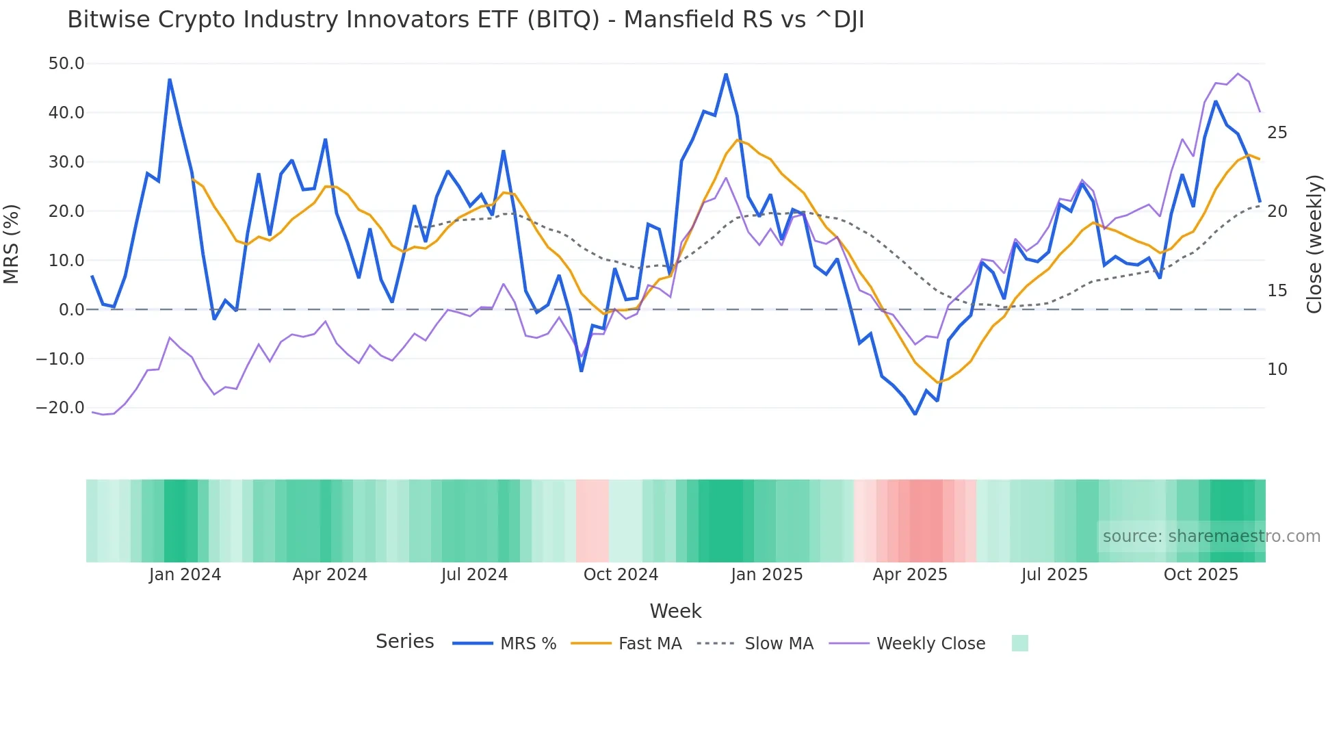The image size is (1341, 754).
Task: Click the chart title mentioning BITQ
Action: pyautogui.click(x=465, y=20)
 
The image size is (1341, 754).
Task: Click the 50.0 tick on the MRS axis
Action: pyautogui.click(x=66, y=64)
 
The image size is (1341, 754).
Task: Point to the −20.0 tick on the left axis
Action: pyautogui.click(x=60, y=408)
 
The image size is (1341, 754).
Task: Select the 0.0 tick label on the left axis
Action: pyautogui.click(x=71, y=310)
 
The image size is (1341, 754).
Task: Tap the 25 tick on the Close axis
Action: pyautogui.click(x=1277, y=133)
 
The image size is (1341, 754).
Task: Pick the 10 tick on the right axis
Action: pyautogui.click(x=1277, y=369)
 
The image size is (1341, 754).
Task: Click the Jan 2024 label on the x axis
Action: pyautogui.click(x=185, y=575)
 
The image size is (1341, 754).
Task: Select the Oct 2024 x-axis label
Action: pyautogui.click(x=621, y=575)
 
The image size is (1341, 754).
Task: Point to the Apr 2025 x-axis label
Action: pyautogui.click(x=910, y=575)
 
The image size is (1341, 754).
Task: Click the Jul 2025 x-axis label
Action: pyautogui.click(x=1054, y=575)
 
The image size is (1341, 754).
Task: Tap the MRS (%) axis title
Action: pyautogui.click(x=12, y=244)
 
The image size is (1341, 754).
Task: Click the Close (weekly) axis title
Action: pyautogui.click(x=1314, y=244)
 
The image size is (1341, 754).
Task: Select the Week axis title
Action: pyautogui.click(x=675, y=611)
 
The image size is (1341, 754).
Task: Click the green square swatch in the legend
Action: pyautogui.click(x=1019, y=643)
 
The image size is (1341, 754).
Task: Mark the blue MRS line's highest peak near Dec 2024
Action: pyautogui.click(x=726, y=75)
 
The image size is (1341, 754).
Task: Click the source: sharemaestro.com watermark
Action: pyautogui.click(x=1211, y=536)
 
